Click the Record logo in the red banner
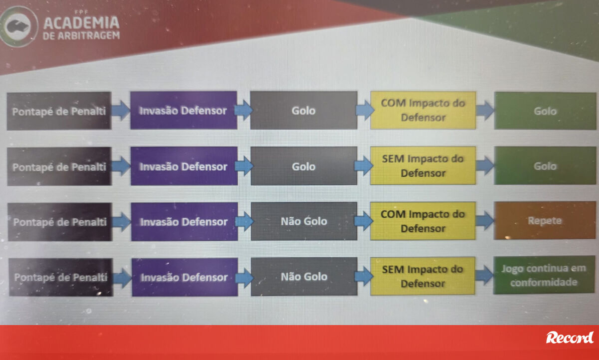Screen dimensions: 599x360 (x=570, y=338)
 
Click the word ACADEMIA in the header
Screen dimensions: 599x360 (x=81, y=22)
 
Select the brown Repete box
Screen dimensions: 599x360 (x=545, y=221)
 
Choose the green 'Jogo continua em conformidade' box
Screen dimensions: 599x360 (x=544, y=275)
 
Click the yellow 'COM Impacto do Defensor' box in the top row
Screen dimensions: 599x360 (x=423, y=110)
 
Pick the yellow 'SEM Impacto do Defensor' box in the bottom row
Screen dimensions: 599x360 (x=422, y=276)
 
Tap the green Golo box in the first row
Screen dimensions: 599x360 (x=545, y=111)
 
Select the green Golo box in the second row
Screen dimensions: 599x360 (x=545, y=166)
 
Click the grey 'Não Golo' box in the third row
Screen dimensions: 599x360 (x=304, y=221)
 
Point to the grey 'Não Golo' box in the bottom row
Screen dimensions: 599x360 (x=304, y=277)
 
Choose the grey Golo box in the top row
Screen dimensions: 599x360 (x=304, y=110)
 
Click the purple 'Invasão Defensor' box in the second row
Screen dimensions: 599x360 (x=184, y=166)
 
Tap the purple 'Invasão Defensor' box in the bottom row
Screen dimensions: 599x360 (x=185, y=277)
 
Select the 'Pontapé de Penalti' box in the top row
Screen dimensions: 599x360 (x=59, y=111)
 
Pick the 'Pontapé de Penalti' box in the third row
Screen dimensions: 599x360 (x=60, y=222)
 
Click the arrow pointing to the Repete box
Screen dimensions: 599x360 (x=485, y=221)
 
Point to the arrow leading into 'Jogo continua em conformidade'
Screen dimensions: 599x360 (x=485, y=275)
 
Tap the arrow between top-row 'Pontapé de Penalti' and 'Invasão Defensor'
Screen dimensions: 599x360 (x=121, y=110)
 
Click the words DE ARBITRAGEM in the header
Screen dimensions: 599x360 (x=81, y=35)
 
